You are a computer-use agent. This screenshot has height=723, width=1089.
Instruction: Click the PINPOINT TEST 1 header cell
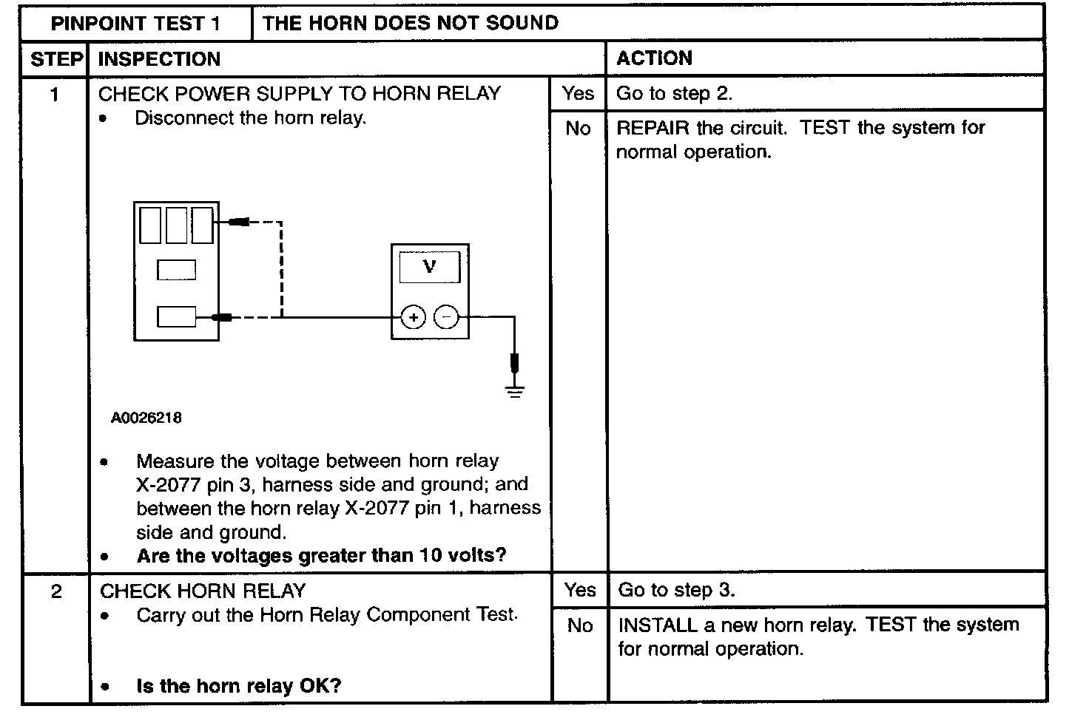[x=135, y=24]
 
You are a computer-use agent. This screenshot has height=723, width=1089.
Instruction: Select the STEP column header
[x=57, y=59]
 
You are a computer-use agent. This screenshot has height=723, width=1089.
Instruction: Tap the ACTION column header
[x=654, y=58]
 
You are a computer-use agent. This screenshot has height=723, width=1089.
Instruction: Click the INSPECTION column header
[x=159, y=59]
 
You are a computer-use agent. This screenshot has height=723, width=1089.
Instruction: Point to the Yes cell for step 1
[x=578, y=93]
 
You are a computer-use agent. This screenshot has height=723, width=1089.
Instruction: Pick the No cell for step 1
[x=578, y=129]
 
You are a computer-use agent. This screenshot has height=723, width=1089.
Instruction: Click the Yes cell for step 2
[x=580, y=590]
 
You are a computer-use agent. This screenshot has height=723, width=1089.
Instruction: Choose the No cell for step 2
[x=580, y=626]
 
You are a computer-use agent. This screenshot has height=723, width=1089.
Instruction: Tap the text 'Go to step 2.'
[x=674, y=93]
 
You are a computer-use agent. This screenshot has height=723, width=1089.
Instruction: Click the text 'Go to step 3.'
[x=676, y=590]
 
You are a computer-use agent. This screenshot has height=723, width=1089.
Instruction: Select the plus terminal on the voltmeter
[x=413, y=318]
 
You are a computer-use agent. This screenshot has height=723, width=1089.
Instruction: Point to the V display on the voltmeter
[x=429, y=267]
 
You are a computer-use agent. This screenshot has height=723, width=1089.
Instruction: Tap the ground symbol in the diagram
[x=516, y=390]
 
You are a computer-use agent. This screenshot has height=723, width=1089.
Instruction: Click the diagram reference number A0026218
[x=146, y=418]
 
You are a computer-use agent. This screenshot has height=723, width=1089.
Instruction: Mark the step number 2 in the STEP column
[x=56, y=591]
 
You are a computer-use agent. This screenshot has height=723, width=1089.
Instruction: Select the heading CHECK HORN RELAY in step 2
[x=203, y=591]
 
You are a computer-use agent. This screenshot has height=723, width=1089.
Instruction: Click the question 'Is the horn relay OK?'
[x=238, y=686]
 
